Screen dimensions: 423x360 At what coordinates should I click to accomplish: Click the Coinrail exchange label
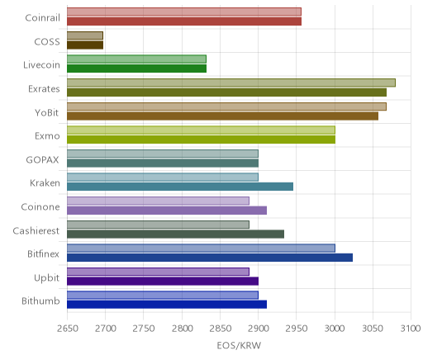[x=42, y=18]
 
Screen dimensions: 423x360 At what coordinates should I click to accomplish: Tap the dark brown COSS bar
[x=85, y=45]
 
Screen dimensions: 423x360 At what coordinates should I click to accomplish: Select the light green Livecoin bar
[x=136, y=59]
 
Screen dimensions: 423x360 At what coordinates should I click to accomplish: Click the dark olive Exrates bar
[x=226, y=92]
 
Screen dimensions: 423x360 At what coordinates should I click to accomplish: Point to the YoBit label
[x=47, y=112]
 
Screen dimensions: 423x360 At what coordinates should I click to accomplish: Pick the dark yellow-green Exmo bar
[x=201, y=140]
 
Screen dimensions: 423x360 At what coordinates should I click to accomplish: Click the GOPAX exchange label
[x=42, y=160]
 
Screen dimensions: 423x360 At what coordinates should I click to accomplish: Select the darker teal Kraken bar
[x=180, y=187]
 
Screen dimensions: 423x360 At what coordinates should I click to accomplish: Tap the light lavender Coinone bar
[x=158, y=201]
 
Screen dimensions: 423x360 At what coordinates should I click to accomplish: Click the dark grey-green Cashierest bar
[x=175, y=234]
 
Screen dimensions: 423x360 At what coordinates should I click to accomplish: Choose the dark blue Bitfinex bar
[x=210, y=258]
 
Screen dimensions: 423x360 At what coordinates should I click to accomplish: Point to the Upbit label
[x=46, y=277]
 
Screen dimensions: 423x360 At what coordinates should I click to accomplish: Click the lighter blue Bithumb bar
[x=163, y=295]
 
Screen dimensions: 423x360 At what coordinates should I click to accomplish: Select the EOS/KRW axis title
[x=239, y=345]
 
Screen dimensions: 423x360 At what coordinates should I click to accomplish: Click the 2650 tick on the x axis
[x=68, y=329]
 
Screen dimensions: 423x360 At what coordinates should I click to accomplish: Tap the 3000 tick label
[x=335, y=329]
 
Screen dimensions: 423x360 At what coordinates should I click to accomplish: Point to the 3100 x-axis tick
[x=411, y=329]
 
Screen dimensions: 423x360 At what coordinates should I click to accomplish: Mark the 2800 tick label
[x=182, y=329]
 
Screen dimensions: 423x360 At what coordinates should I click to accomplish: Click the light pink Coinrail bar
[x=184, y=12]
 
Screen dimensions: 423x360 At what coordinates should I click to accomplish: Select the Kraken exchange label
[x=45, y=183]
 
